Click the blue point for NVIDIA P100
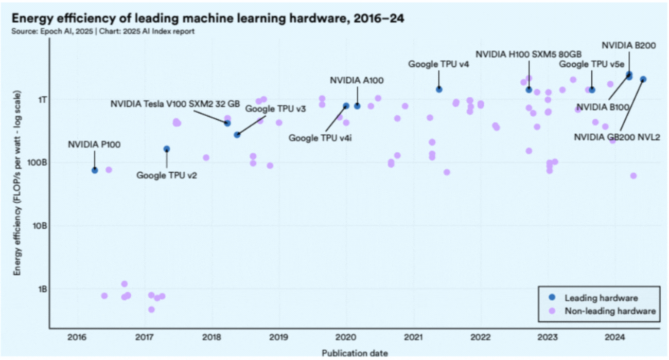coord(95,170)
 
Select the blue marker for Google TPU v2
coord(166,149)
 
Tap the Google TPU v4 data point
coord(439,89)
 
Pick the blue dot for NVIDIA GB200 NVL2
coord(643,79)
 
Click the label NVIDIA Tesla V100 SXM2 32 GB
coord(175,104)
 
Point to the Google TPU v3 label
coord(275,109)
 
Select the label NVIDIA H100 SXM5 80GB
coord(529,53)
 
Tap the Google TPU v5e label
coord(591,64)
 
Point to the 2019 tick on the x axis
coord(279,337)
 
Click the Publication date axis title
coord(355,353)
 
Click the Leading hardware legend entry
coord(601,298)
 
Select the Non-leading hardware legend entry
coord(610,311)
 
